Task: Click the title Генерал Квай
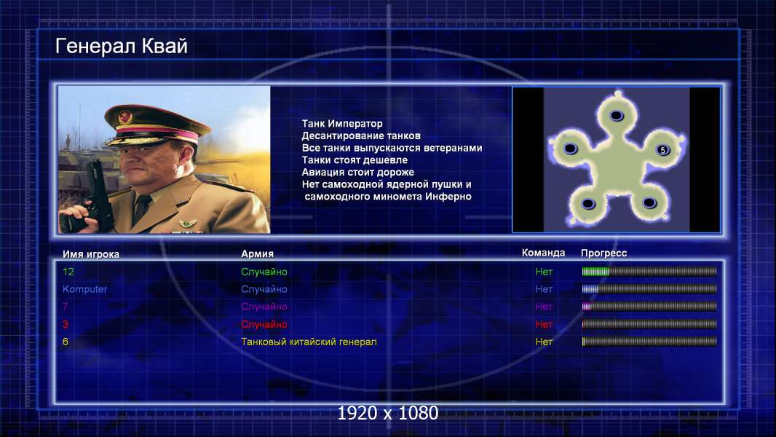[x=122, y=46]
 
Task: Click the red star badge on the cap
[x=125, y=117]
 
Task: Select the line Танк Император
[x=342, y=124]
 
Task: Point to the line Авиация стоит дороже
[x=358, y=172]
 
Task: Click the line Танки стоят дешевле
[x=355, y=160]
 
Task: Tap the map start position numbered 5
[x=662, y=149]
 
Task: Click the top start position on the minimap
[x=616, y=116]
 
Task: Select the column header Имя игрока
[x=90, y=254]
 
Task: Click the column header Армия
[x=258, y=254]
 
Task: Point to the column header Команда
[x=543, y=253]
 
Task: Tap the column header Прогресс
[x=603, y=253]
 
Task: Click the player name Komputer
[x=84, y=289]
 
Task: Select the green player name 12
[x=68, y=272]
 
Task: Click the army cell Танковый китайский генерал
[x=309, y=342]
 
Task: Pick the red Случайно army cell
[x=264, y=324]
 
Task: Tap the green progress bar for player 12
[x=649, y=271]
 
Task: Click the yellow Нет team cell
[x=544, y=342]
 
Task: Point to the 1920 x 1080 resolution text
[x=387, y=413]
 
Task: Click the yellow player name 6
[x=66, y=342]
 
